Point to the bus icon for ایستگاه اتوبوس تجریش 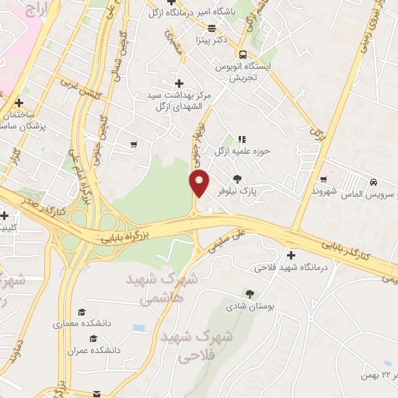[243, 54]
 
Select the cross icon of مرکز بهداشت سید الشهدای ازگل [179, 83]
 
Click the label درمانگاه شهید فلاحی [290, 268]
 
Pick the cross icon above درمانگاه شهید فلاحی [291, 255]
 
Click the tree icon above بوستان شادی [250, 293]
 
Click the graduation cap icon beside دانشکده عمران [93, 338]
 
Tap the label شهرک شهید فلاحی [187, 347]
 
